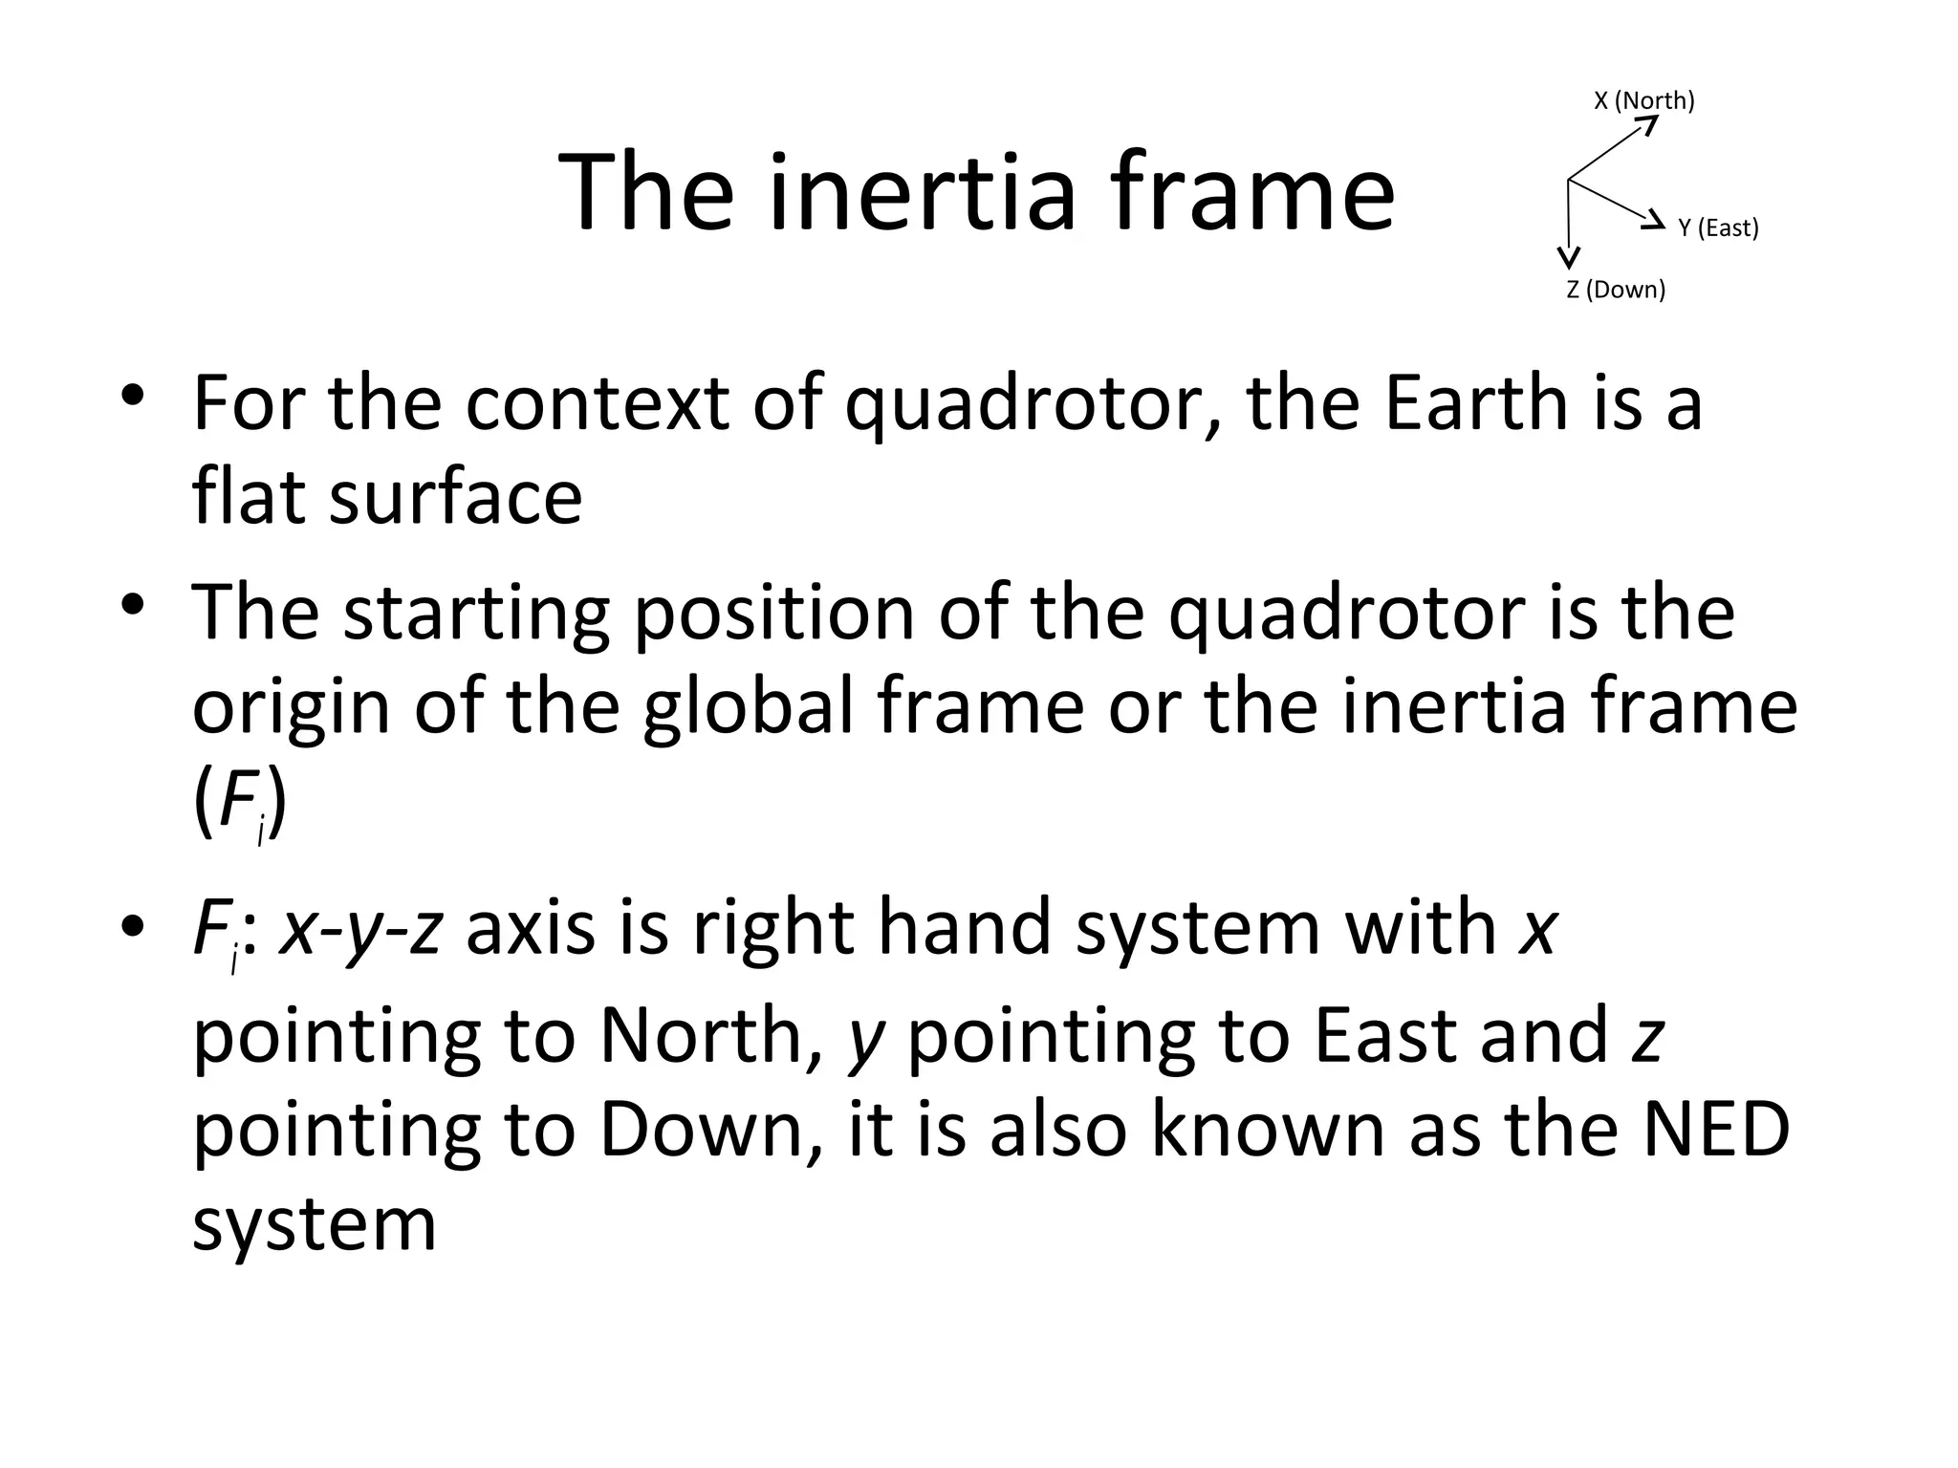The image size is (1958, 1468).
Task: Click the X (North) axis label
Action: click(1643, 100)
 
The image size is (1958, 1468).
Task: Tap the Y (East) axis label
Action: click(1718, 228)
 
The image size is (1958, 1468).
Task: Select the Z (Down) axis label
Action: click(1616, 290)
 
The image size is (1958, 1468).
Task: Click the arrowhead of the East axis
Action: click(1653, 222)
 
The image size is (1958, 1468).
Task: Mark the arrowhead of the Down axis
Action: click(1568, 256)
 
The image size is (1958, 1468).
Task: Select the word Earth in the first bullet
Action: click(1478, 402)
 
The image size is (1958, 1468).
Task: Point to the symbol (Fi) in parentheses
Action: click(239, 804)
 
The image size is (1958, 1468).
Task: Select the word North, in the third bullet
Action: click(711, 1036)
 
